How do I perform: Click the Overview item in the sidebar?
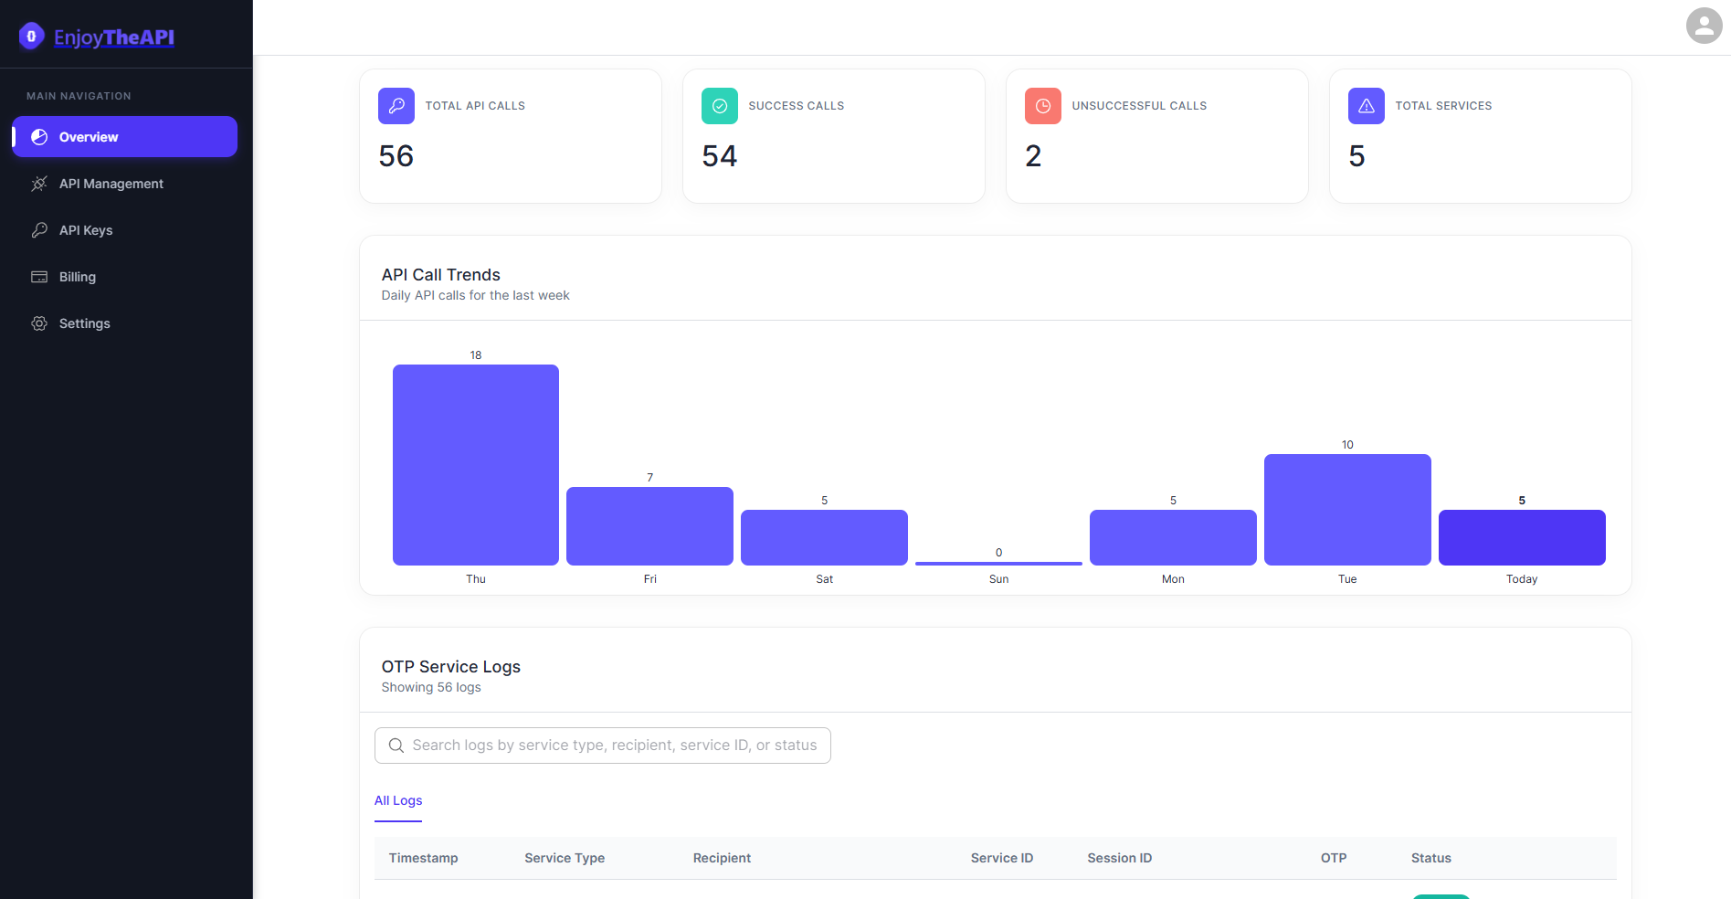pos(124,137)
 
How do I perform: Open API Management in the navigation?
pos(111,184)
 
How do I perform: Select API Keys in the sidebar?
pos(86,230)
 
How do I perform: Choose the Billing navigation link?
pos(77,277)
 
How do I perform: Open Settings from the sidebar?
pos(84,323)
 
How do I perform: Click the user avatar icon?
pos(1704,26)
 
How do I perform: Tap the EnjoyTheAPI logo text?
pos(113,37)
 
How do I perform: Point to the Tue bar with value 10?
pos(1347,509)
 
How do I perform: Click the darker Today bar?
pos(1522,537)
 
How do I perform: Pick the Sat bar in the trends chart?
pos(824,537)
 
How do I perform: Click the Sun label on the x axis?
pos(998,579)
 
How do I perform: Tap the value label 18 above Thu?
pos(476,355)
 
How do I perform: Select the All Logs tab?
pos(398,800)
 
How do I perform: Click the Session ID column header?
pos(1119,858)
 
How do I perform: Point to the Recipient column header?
pos(722,858)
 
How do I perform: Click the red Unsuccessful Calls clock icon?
pos(1042,106)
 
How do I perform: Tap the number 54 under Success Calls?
pos(719,156)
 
